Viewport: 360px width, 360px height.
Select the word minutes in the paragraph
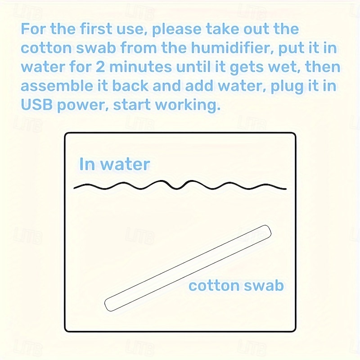pyautogui.click(x=140, y=67)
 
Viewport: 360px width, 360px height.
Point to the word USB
pyautogui.click(x=37, y=105)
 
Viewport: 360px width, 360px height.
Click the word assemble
pyautogui.click(x=57, y=86)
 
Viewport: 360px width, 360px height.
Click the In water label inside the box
pyautogui.click(x=115, y=164)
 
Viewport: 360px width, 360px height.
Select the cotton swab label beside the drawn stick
pyautogui.click(x=236, y=285)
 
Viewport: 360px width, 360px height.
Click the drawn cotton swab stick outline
pyautogui.click(x=188, y=268)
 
